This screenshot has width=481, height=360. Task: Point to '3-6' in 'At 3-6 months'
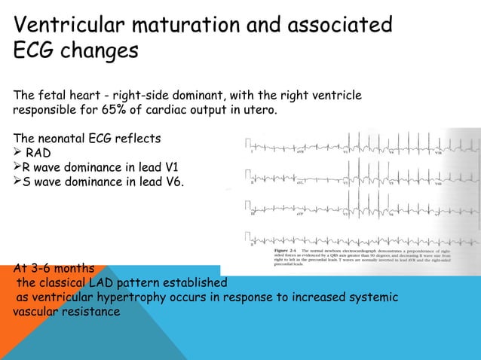[x=42, y=268]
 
